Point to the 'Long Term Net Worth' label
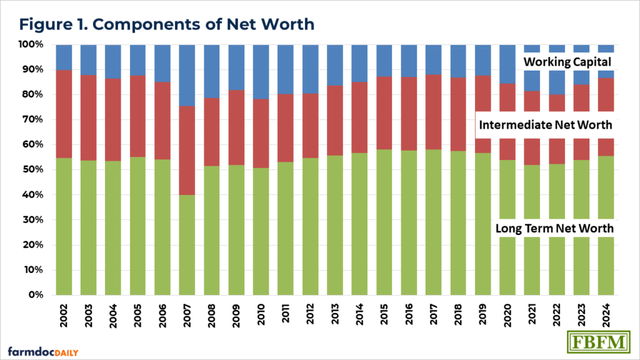pos(554,229)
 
